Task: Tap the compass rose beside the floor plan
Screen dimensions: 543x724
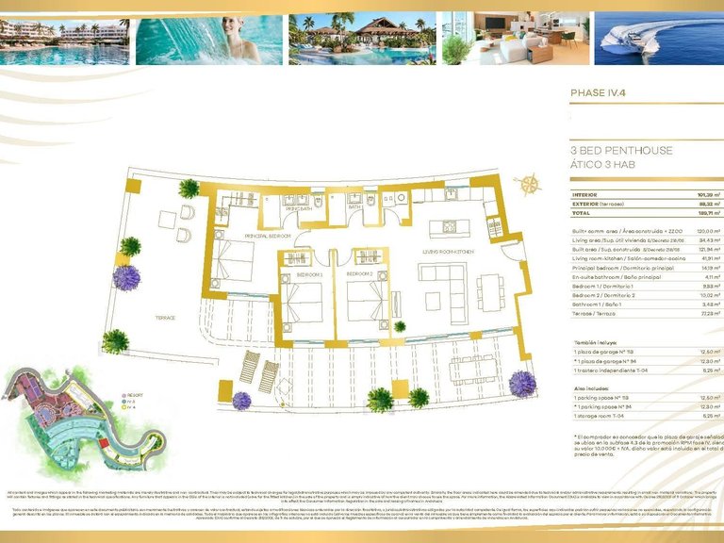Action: (531, 184)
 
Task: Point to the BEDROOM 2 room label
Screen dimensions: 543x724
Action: (359, 274)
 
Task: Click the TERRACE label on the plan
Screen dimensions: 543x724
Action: (166, 318)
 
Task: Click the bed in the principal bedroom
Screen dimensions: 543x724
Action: (232, 260)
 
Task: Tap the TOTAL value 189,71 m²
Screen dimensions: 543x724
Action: (697, 213)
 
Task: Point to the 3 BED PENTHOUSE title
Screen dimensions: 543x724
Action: (621, 150)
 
